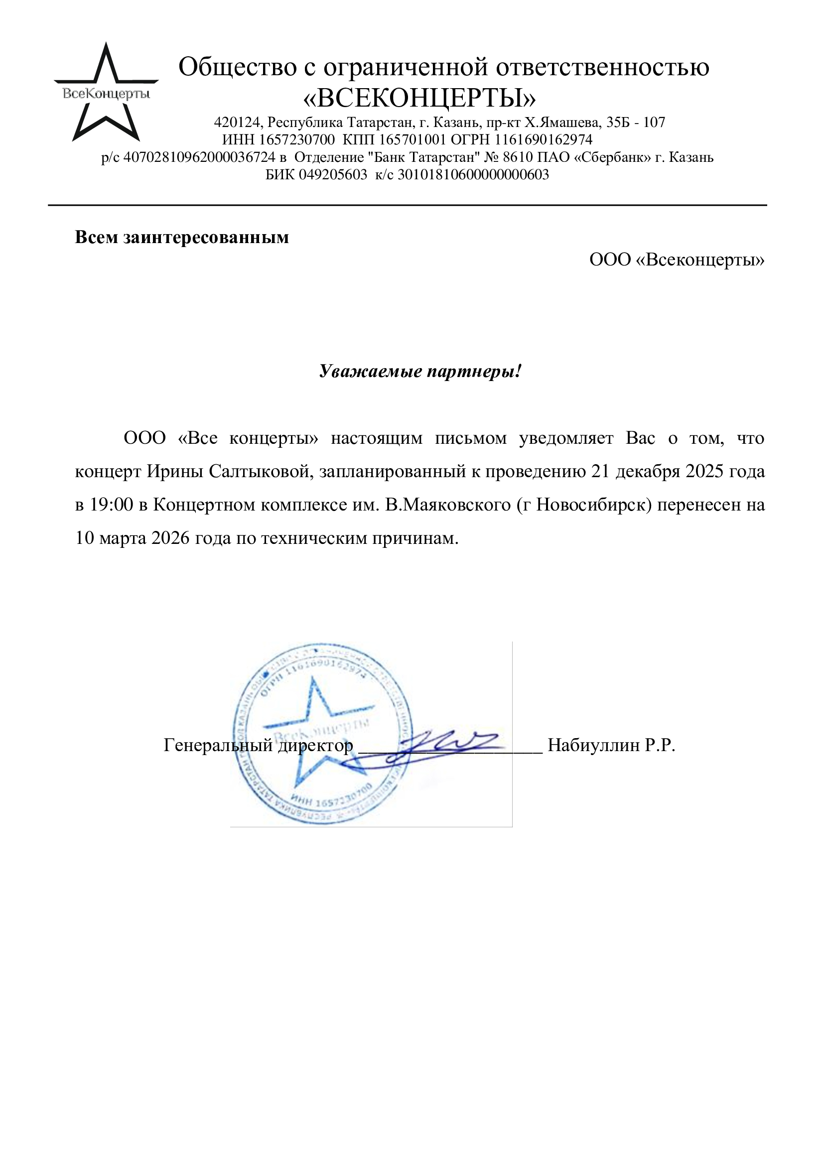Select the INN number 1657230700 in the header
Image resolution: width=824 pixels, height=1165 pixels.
[297, 139]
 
